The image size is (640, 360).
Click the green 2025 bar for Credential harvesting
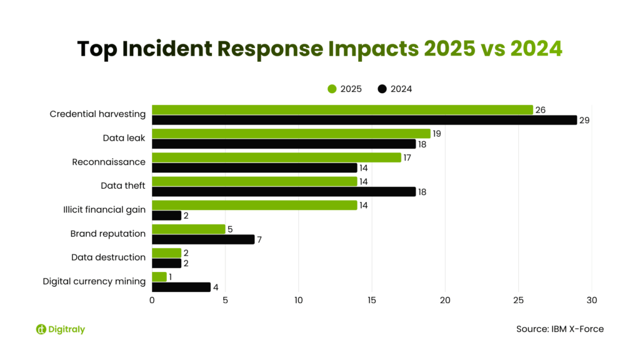click(342, 110)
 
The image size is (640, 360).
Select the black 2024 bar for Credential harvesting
click(364, 120)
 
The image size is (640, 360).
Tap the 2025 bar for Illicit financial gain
click(254, 205)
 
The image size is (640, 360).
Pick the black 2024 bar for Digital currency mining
click(181, 287)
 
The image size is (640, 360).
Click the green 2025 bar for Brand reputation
click(188, 229)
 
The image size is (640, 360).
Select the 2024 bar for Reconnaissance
click(254, 167)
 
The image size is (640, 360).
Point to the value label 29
click(585, 120)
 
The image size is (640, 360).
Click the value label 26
click(541, 110)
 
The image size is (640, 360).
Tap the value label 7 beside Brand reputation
click(261, 239)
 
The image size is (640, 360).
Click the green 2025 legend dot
click(332, 89)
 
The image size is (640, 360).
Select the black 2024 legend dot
click(382, 89)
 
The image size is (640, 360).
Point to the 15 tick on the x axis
click(372, 301)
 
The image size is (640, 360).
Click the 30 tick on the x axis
click(591, 301)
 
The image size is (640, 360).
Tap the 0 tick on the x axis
click(152, 301)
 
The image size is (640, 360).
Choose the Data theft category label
click(122, 186)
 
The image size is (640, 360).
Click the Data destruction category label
click(108, 257)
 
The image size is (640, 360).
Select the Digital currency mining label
click(94, 281)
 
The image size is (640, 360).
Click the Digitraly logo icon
click(41, 329)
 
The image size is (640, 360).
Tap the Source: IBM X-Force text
click(560, 329)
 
